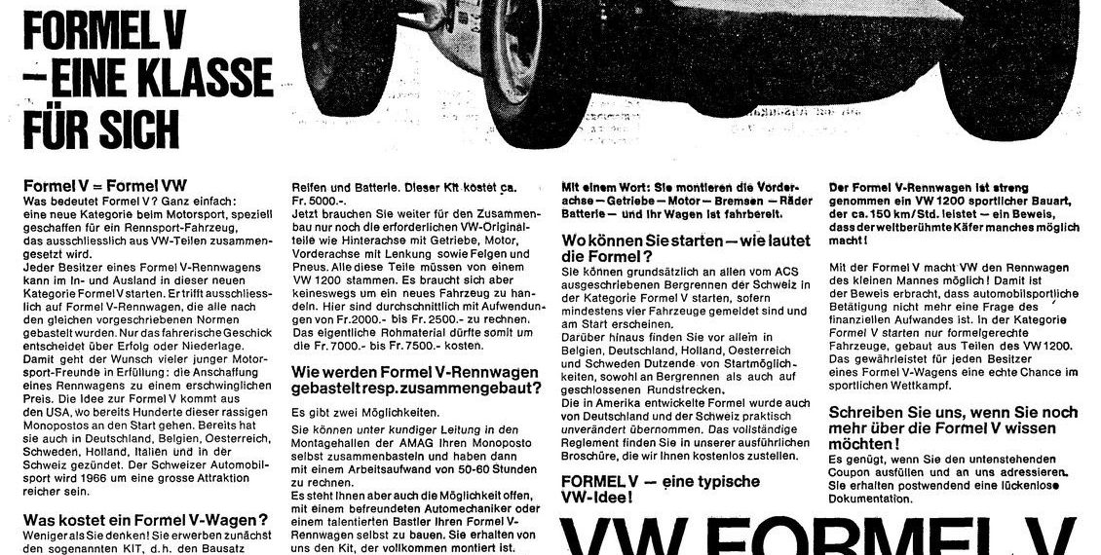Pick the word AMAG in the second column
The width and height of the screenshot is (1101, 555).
point(392,441)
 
